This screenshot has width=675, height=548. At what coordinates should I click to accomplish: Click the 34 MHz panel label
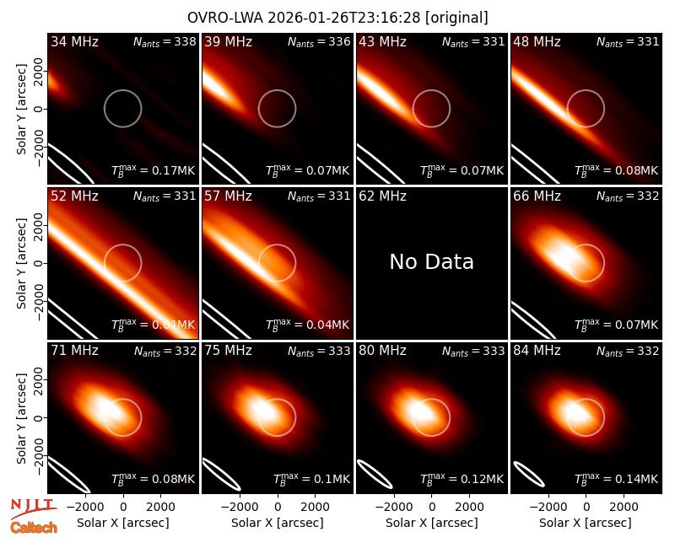pos(74,41)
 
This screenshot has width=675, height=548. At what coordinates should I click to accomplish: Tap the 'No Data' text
pos(431,261)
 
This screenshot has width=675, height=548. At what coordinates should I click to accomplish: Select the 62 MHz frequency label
pos(383,196)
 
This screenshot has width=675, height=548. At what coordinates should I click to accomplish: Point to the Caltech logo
pos(34,528)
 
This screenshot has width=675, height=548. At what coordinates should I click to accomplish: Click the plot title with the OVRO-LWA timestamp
pos(337,18)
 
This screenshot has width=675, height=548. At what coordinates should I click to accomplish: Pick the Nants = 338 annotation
pos(165,41)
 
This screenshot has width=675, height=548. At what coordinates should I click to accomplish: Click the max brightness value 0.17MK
pos(153,170)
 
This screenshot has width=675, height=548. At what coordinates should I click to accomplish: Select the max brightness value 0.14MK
pos(616,479)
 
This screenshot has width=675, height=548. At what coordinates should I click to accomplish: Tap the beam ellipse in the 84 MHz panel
pos(529,475)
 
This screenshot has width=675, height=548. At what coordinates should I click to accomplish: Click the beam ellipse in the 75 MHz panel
pos(222,474)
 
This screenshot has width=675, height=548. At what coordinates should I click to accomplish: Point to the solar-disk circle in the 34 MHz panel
pos(122,90)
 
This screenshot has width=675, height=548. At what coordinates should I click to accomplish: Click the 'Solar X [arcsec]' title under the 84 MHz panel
pos(586,523)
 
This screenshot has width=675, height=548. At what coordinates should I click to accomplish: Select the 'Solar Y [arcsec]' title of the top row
pos(21,110)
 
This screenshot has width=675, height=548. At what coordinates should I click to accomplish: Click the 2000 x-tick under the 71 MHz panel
pos(160,507)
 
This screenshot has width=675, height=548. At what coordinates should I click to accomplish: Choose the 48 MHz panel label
pos(537,41)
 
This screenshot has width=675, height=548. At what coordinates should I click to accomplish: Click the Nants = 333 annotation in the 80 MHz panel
pos(473,351)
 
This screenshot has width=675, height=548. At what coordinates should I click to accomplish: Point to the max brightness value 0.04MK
pos(307,325)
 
